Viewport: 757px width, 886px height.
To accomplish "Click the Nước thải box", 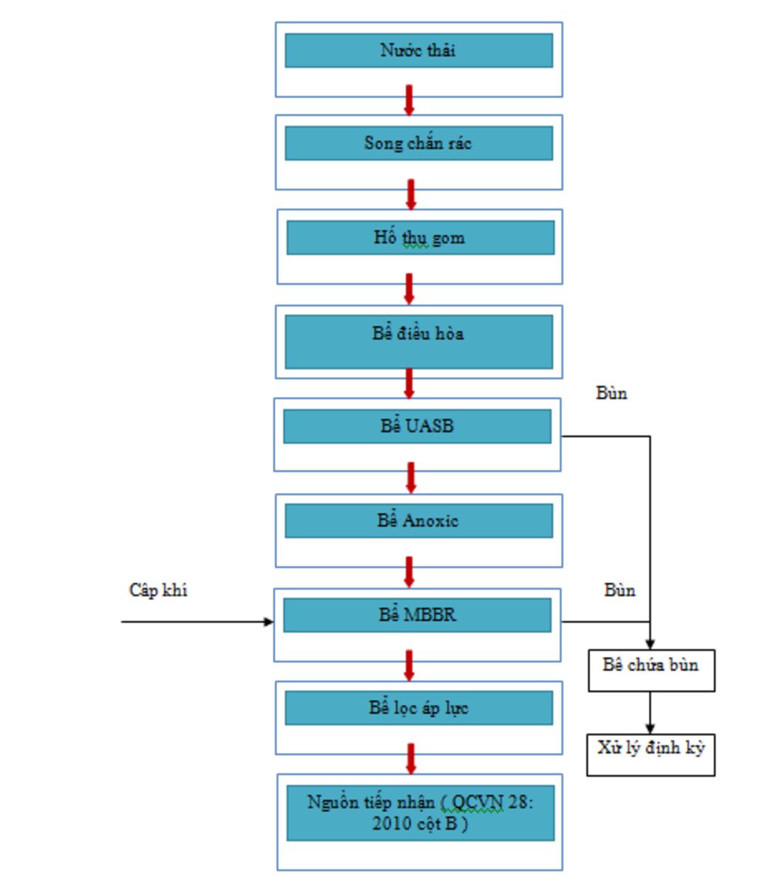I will (418, 50).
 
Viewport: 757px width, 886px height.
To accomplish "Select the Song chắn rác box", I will (418, 143).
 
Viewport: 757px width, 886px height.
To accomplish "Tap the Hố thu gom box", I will (420, 238).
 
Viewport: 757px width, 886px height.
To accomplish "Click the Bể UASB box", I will (417, 426).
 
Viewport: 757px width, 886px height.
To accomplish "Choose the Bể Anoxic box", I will (418, 521).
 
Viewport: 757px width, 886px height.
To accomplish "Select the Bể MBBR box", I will (417, 615).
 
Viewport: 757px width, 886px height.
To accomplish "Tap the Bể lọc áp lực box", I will (418, 708).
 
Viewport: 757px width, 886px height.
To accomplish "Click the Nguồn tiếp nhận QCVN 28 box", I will (420, 813).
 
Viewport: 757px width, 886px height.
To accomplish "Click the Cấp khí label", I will (158, 590).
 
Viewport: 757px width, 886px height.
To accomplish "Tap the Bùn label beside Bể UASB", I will (611, 393).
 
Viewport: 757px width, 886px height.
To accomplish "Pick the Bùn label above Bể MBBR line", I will (619, 590).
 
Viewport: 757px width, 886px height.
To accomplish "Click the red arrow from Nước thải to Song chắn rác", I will (409, 100).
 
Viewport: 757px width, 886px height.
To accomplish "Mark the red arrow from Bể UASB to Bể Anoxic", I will (411, 478).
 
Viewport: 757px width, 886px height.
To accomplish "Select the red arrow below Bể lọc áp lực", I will (411, 759).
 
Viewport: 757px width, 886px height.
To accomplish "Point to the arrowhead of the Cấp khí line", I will (268, 621).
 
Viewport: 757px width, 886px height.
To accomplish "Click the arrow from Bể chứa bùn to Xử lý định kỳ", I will (650, 712).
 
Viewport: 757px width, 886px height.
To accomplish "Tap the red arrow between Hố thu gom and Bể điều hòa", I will (409, 289).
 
